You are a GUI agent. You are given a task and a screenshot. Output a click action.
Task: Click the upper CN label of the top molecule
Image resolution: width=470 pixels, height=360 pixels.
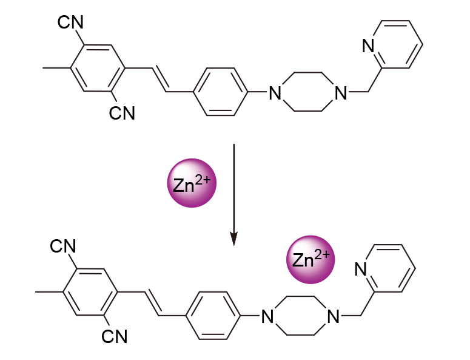[71, 23]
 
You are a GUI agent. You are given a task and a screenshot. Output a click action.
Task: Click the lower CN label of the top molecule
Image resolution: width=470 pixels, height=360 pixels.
[121, 112]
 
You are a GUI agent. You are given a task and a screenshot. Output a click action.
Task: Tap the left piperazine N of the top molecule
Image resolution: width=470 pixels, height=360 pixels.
[276, 93]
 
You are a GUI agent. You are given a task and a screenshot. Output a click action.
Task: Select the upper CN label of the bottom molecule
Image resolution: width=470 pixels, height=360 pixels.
[63, 246]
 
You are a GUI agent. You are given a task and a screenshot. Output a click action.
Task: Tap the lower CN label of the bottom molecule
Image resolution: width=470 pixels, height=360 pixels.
[113, 335]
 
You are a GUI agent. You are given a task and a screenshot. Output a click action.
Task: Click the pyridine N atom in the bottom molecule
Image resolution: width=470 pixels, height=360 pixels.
[360, 269]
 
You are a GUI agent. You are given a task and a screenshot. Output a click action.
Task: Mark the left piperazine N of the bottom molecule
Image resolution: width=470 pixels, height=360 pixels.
[267, 316]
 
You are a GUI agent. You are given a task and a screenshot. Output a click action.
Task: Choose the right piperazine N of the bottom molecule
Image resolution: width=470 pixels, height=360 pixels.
[332, 316]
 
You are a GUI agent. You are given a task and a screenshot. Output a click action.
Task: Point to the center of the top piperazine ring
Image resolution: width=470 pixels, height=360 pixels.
[309, 93]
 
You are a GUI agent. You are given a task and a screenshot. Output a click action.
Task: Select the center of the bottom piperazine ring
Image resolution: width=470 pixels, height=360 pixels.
[300, 316]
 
